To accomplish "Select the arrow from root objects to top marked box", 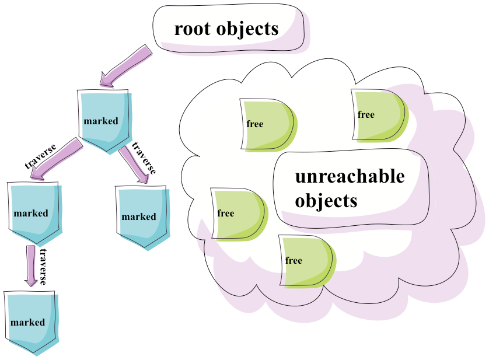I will [x=125, y=66].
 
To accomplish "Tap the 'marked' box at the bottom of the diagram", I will [x=29, y=321].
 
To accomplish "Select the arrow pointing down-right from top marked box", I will [x=133, y=165].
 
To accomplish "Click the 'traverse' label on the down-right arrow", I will [x=144, y=158].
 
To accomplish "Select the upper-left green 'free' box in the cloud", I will [x=265, y=124].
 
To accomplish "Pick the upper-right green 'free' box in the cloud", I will [x=376, y=115].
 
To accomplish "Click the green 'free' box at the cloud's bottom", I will [x=304, y=260].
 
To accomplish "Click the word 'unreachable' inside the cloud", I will [x=350, y=176].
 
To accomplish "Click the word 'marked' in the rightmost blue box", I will [x=139, y=217].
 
